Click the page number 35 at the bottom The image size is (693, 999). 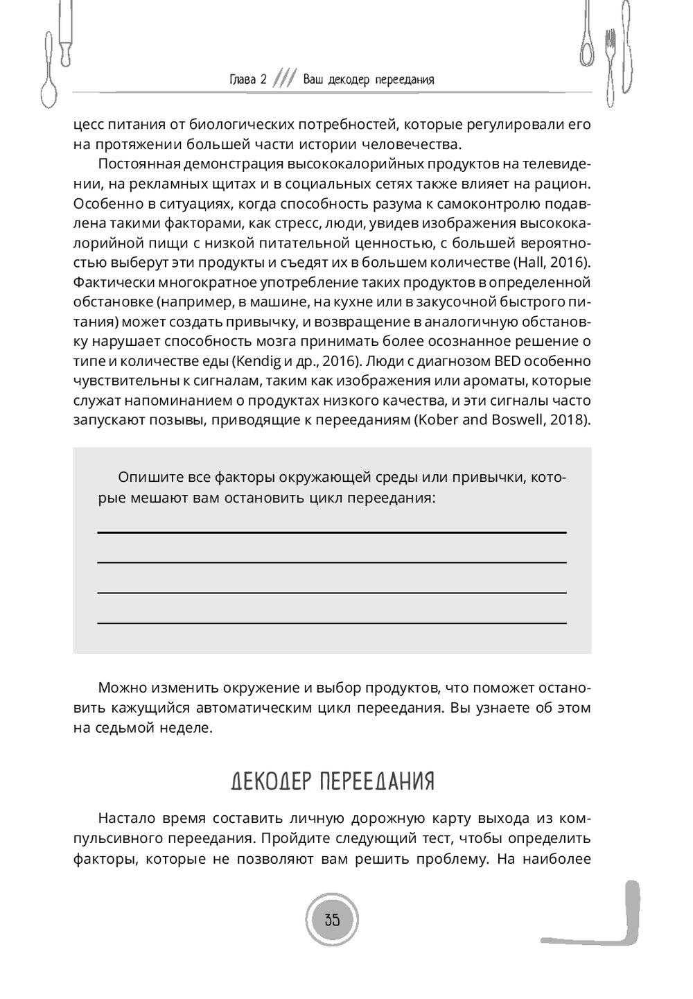pos(332,921)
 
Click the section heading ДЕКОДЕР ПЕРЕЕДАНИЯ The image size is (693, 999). pos(332,781)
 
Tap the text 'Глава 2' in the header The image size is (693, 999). pos(247,79)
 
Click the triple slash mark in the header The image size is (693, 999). pos(285,78)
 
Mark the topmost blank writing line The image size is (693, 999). pos(332,532)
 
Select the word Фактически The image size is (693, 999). pos(114,283)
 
